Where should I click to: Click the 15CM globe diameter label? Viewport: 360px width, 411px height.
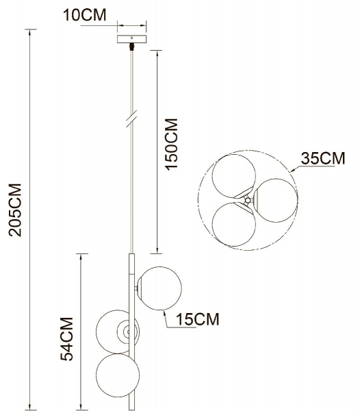[x=197, y=319]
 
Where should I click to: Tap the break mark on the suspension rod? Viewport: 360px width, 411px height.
[x=131, y=118]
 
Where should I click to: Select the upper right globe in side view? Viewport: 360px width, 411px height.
[x=159, y=286]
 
